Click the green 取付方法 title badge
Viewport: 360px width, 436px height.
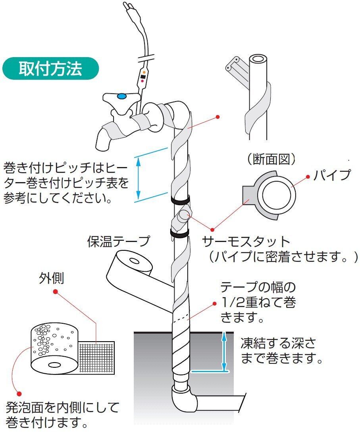[x=50, y=69]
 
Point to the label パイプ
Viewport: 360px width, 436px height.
[x=332, y=175]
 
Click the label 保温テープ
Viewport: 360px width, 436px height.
[x=119, y=241]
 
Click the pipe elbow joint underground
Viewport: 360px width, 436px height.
[x=183, y=399]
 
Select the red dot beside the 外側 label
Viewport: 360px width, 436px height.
[x=56, y=292]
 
